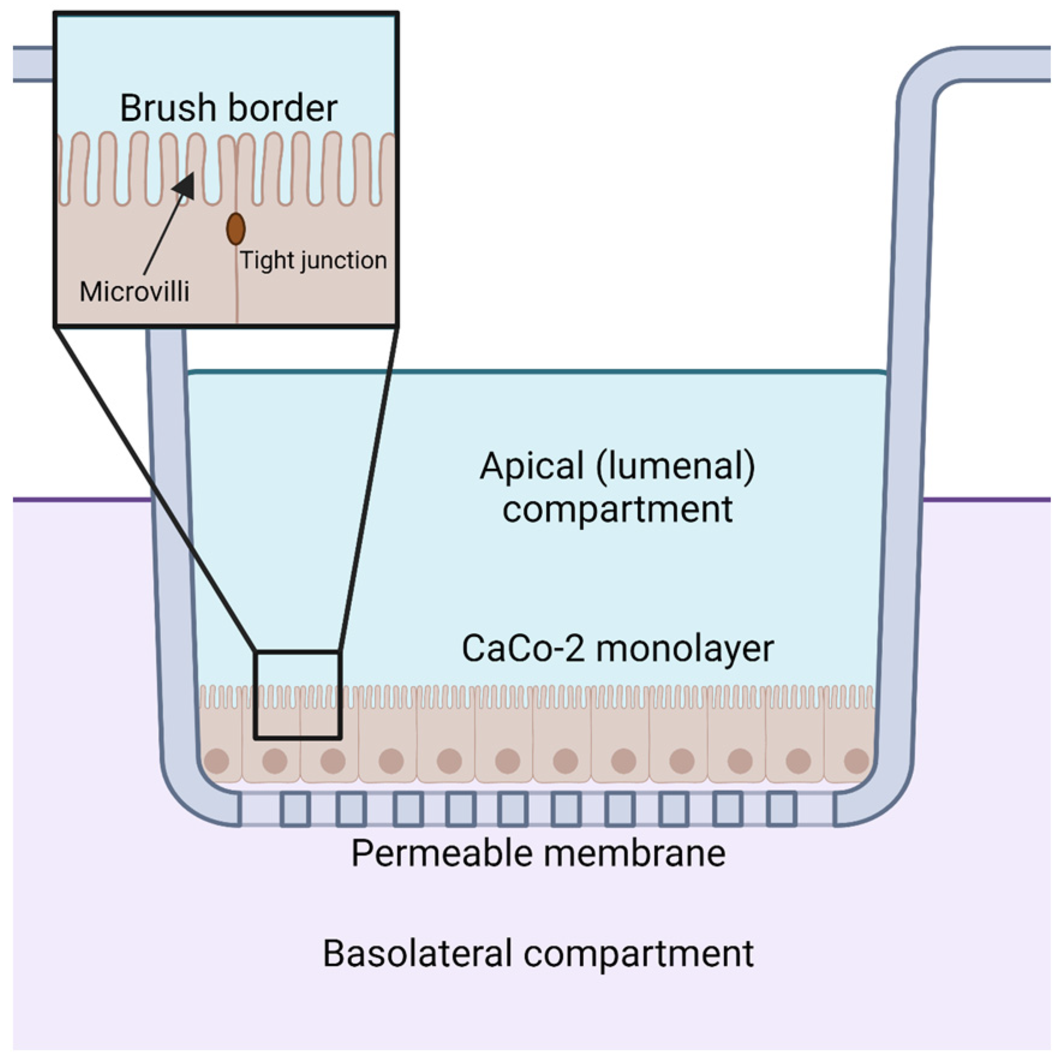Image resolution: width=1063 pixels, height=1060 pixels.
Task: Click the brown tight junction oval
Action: (235, 229)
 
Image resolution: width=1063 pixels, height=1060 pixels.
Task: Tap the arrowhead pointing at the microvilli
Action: (185, 184)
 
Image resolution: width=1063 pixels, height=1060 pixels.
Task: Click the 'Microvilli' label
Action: (135, 291)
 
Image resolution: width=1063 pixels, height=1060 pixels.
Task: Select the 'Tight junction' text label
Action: (313, 261)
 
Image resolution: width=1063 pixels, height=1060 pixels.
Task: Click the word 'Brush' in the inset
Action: (168, 108)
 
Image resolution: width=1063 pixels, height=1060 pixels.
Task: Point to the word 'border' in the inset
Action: (284, 108)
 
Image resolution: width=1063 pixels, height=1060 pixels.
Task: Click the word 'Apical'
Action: (532, 467)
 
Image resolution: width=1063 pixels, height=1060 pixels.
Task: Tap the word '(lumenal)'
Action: (676, 467)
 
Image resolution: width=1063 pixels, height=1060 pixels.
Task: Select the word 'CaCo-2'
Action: (523, 649)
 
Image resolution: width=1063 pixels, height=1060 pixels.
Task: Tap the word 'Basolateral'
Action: (417, 954)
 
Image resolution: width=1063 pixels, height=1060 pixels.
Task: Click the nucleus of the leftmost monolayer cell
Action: (217, 761)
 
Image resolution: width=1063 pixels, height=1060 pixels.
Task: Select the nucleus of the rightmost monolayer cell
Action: (856, 761)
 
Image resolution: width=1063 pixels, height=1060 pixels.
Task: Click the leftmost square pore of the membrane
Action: (295, 808)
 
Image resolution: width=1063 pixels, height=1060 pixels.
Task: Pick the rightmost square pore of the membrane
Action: (782, 808)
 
